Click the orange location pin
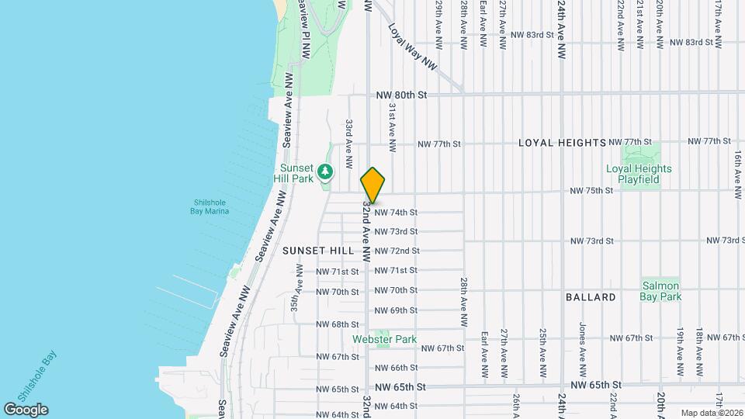(x=372, y=185)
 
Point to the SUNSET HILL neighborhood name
(x=318, y=251)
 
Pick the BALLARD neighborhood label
(x=591, y=297)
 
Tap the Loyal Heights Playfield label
(x=639, y=174)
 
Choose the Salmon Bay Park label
(x=660, y=291)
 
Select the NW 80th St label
(x=401, y=95)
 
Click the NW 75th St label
(x=591, y=191)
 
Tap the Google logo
(x=26, y=410)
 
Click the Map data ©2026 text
(x=711, y=413)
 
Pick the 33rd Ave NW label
(x=350, y=135)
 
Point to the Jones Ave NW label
(x=581, y=341)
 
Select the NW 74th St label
(x=396, y=212)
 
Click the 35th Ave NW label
(x=297, y=287)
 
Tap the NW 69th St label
(x=396, y=310)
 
